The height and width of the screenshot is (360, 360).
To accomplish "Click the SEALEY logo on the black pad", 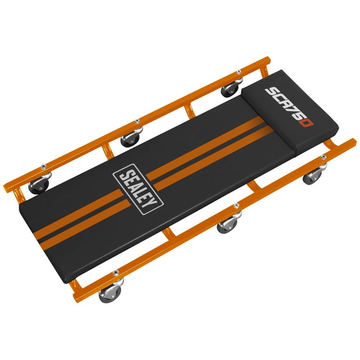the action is pyautogui.click(x=138, y=189).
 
